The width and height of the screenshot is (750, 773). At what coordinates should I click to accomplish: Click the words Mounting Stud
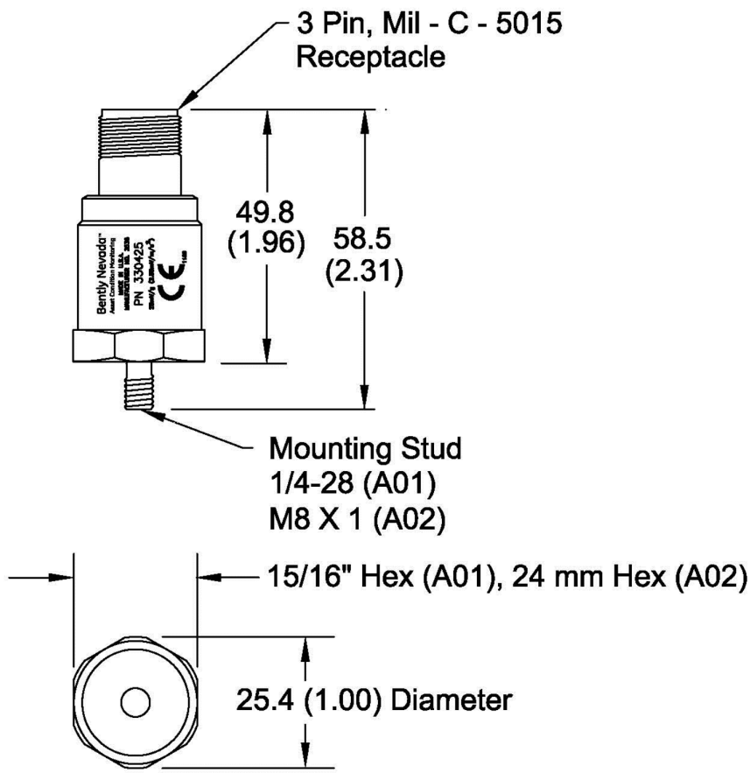tap(364, 452)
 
